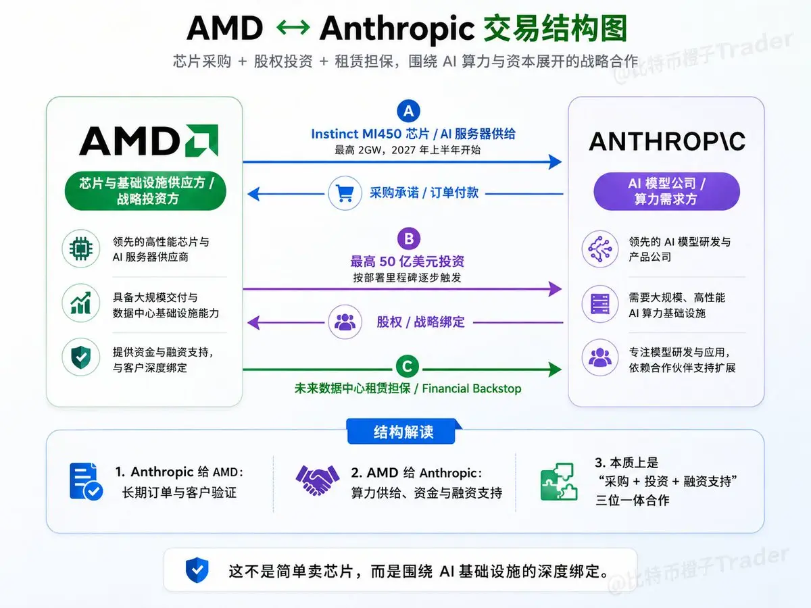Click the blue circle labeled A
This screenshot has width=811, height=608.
click(x=408, y=111)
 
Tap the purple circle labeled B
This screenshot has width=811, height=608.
click(x=409, y=238)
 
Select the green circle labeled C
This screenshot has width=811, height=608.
click(x=407, y=367)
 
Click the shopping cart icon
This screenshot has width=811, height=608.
click(x=345, y=193)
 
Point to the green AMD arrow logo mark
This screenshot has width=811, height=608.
click(x=201, y=141)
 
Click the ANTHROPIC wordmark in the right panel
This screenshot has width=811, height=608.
click(x=667, y=141)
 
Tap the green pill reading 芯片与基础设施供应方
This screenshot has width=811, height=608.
click(x=145, y=191)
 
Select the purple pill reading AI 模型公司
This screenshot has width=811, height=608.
click(x=666, y=191)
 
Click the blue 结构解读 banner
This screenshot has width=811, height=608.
click(x=403, y=431)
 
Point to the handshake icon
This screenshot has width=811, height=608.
click(x=318, y=480)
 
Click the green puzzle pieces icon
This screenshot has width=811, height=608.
click(x=559, y=482)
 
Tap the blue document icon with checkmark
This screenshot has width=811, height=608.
click(x=86, y=482)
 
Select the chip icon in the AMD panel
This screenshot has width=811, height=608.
click(x=81, y=249)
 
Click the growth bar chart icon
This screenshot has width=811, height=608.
click(x=81, y=303)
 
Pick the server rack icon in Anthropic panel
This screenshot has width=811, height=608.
click(x=600, y=304)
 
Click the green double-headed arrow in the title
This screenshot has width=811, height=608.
click(x=293, y=28)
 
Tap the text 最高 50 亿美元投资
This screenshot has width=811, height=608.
click(x=407, y=261)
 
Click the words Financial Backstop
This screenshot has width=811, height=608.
click(x=472, y=388)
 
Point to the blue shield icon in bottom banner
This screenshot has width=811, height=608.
click(x=197, y=569)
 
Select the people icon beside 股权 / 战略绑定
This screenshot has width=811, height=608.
click(x=345, y=322)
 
